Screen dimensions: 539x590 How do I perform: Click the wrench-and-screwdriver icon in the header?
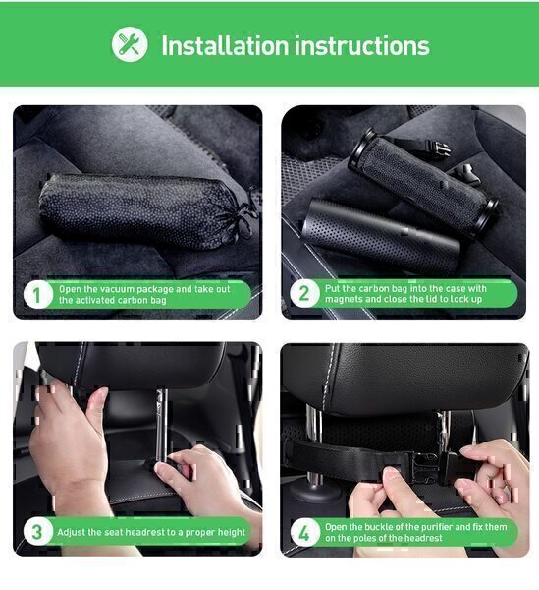(130, 44)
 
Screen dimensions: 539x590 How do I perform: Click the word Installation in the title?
(225, 45)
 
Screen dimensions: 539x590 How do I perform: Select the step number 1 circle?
(36, 295)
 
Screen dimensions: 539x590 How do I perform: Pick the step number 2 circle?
(304, 293)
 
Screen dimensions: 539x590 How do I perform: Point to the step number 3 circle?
(36, 532)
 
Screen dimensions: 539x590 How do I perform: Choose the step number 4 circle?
(304, 533)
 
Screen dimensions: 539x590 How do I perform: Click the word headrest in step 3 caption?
(145, 532)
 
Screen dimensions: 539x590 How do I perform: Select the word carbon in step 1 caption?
(132, 300)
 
